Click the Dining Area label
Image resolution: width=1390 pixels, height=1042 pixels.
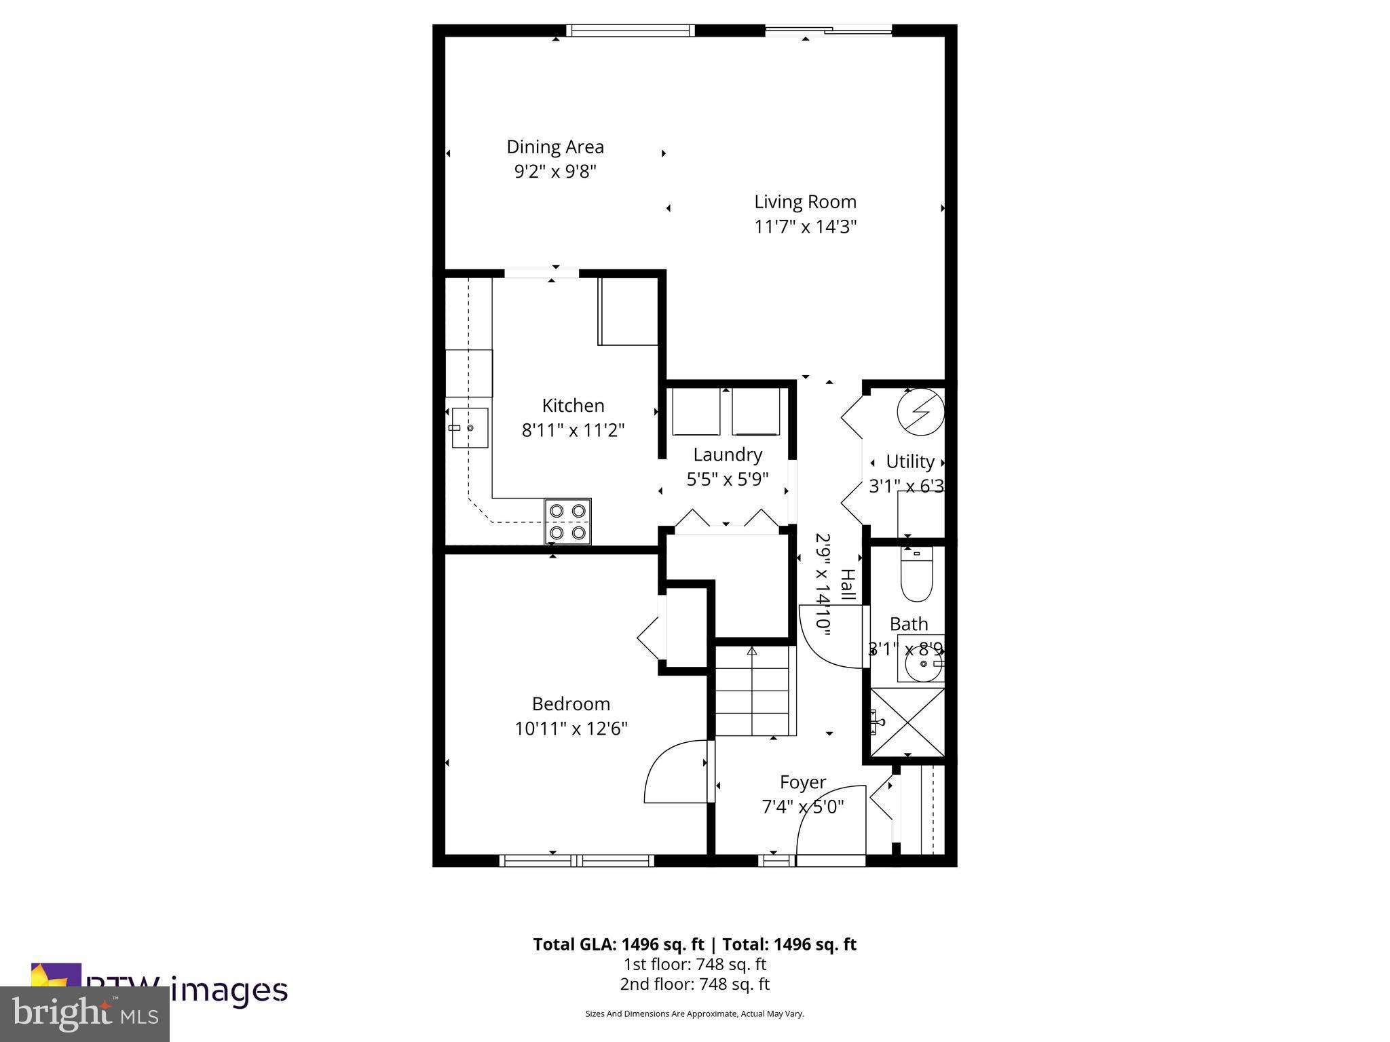(555, 147)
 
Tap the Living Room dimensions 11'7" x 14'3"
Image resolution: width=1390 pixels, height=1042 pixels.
(805, 227)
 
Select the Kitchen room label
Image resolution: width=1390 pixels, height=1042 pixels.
(573, 406)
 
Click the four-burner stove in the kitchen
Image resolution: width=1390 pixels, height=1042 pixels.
(567, 521)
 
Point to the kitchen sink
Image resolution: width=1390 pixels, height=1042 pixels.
(470, 428)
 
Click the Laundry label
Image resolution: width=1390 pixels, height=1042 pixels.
(727, 455)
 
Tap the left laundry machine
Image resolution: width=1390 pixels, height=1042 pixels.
(696, 412)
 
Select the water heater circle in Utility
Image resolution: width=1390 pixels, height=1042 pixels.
(920, 412)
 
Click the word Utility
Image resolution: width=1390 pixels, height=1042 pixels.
(910, 462)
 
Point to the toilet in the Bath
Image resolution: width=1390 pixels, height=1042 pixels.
(916, 575)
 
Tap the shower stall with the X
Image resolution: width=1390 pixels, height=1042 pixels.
(907, 722)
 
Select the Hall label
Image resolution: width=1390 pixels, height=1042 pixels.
(848, 585)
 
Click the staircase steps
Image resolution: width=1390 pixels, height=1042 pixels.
(754, 692)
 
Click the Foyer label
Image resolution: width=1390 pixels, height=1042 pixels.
(802, 782)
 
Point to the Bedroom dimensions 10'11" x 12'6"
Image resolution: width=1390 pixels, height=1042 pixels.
(571, 729)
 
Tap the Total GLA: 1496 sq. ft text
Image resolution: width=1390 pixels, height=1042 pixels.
(620, 944)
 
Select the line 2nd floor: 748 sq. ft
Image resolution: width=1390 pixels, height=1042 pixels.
(694, 984)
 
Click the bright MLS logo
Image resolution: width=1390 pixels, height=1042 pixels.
(85, 1014)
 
